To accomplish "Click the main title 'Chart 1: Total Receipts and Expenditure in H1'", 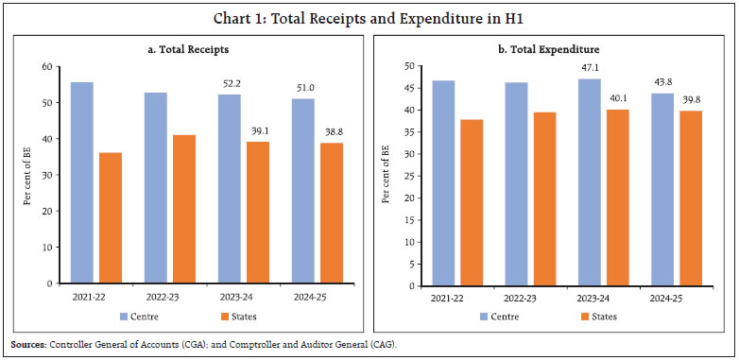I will pos(369,13).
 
